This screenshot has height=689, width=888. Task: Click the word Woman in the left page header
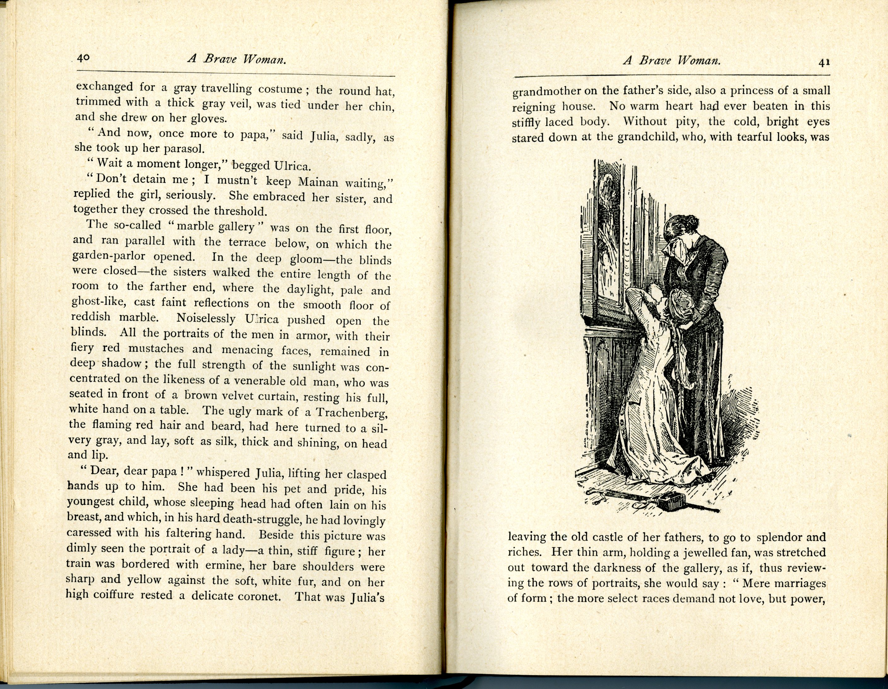click(x=265, y=60)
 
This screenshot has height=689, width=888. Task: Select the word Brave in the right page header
click(x=655, y=61)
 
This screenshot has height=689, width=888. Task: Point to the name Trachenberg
click(x=351, y=413)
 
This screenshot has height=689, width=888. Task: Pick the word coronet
click(x=256, y=596)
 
